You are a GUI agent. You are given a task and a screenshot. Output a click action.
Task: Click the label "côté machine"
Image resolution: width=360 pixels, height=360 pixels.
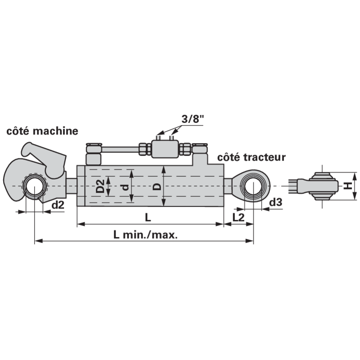click(42, 131)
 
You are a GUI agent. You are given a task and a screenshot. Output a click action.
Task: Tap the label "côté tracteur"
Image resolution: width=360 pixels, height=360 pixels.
click(252, 157)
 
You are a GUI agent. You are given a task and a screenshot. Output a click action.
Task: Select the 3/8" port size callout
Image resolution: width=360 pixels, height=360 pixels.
click(193, 119)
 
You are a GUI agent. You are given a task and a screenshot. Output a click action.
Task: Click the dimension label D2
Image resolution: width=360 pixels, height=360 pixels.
click(100, 186)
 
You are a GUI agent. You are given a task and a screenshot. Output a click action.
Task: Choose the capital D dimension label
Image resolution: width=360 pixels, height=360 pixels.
click(157, 186)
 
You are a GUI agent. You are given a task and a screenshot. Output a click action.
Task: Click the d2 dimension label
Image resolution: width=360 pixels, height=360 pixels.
click(58, 205)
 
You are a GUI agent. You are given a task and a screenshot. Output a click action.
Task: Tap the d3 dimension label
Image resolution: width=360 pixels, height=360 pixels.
click(275, 202)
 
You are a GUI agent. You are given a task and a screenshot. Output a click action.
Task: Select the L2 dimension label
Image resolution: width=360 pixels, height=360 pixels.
click(238, 217)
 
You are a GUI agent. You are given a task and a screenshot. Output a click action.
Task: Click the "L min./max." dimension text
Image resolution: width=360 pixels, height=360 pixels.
click(145, 235)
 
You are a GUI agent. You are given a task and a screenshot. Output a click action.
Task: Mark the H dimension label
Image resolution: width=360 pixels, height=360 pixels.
click(348, 186)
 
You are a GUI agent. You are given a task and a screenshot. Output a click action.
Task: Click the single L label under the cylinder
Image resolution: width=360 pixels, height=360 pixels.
click(148, 217)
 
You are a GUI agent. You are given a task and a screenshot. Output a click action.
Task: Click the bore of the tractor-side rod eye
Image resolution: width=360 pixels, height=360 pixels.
click(253, 186)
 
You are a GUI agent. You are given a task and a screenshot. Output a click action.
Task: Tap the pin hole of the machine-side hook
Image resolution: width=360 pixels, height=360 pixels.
click(34, 186)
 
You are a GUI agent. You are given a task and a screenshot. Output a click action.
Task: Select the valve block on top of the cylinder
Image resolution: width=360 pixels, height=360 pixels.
click(165, 149)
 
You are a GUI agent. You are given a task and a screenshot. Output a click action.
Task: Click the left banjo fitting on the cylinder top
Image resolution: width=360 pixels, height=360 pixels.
click(94, 153)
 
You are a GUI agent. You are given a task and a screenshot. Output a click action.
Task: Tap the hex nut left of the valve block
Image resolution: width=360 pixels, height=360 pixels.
click(145, 149)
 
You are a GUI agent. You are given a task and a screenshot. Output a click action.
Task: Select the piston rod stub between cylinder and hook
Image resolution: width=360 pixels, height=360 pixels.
click(72, 186)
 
